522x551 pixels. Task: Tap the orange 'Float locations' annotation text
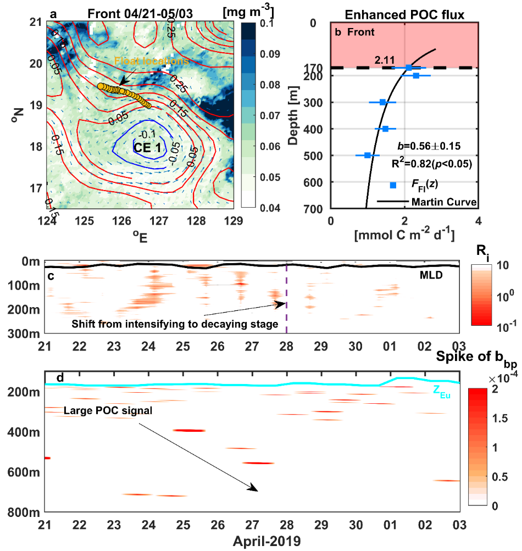coord(151,61)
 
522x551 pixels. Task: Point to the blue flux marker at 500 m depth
coord(367,155)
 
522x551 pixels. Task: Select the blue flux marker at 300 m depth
coord(382,102)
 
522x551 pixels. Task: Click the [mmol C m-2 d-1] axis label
coord(404,236)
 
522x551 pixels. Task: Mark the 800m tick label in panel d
coord(27,512)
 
